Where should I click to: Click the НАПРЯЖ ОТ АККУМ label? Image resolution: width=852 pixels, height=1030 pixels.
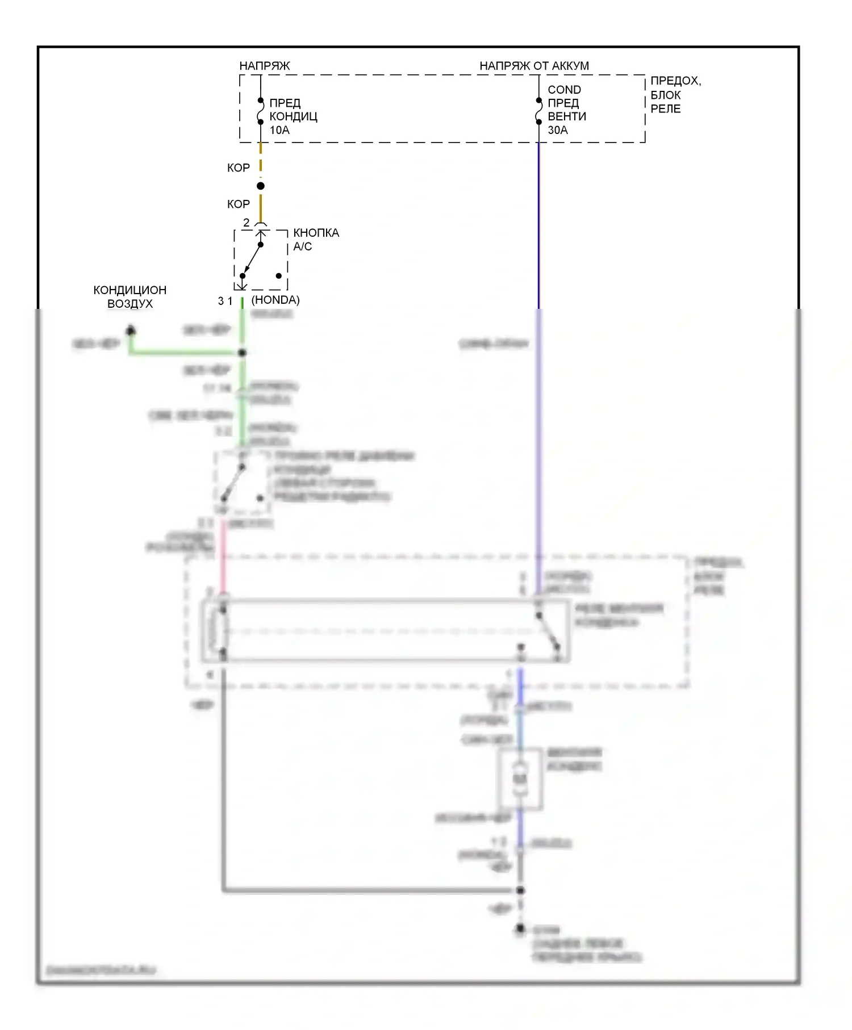[534, 66]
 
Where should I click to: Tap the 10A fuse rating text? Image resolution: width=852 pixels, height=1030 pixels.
[279, 130]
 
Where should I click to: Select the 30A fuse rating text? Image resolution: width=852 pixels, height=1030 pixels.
[557, 130]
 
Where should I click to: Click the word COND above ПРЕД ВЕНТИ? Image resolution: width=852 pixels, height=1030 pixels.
[564, 90]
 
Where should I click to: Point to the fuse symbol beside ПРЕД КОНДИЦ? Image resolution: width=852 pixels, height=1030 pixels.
[260, 111]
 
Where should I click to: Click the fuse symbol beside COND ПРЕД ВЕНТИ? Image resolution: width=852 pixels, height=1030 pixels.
[538, 111]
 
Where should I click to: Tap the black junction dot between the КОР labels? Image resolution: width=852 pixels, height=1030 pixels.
[260, 186]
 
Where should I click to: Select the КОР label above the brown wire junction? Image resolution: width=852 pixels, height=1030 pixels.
[238, 168]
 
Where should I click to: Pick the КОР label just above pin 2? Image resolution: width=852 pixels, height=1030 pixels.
[238, 204]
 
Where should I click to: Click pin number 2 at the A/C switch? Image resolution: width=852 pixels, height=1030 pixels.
[246, 223]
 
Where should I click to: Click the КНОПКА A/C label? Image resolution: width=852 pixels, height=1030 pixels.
[316, 240]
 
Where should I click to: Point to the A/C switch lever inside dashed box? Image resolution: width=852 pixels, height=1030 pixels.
[252, 260]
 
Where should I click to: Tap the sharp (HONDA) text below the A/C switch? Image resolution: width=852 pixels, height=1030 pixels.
[275, 300]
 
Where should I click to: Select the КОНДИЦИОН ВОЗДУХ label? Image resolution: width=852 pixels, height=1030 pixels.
[130, 296]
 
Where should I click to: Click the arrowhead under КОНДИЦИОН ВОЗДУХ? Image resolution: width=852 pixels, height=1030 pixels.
[131, 329]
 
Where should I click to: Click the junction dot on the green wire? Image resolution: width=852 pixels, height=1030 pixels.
[242, 353]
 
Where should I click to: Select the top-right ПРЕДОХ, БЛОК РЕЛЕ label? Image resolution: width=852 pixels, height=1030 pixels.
[675, 95]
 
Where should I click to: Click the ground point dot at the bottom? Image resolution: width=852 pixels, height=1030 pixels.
[520, 929]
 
